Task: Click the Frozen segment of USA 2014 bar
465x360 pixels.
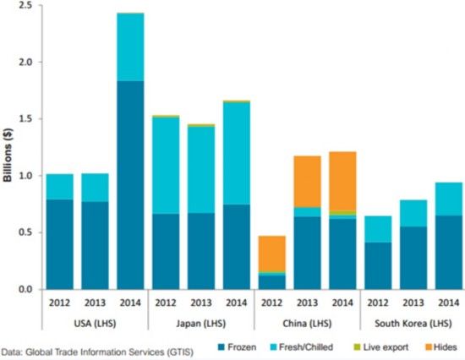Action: pyautogui.click(x=130, y=185)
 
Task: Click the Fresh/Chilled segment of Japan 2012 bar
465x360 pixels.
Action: pyautogui.click(x=166, y=165)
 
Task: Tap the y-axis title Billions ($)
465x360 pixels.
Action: pyautogui.click(x=8, y=149)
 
